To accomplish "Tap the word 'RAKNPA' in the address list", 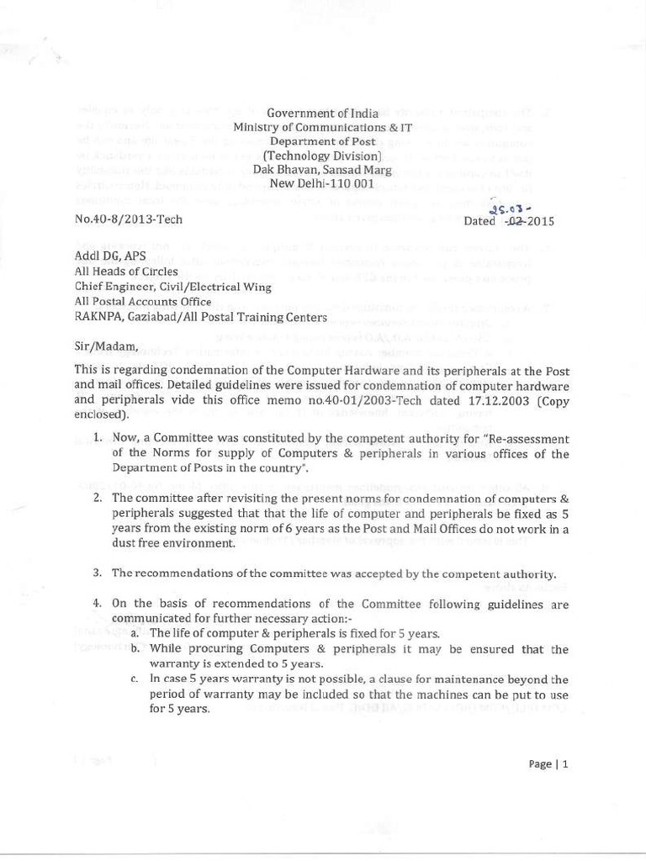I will pyautogui.click(x=99, y=317).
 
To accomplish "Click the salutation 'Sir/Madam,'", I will pyautogui.click(x=103, y=346).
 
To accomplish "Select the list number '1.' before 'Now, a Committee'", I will pyautogui.click(x=98, y=438).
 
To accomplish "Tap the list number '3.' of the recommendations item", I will pyautogui.click(x=98, y=573).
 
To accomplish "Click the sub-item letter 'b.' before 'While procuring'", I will pyautogui.click(x=135, y=649).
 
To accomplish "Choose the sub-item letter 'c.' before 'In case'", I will pyautogui.click(x=135, y=679).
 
